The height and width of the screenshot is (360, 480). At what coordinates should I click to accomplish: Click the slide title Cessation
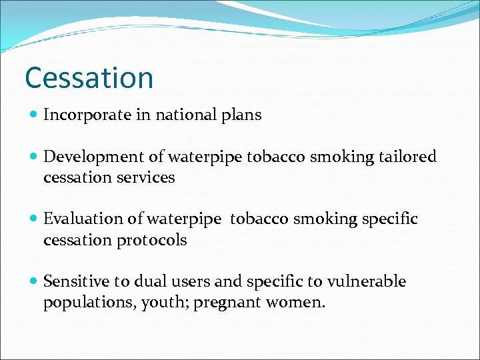click(89, 77)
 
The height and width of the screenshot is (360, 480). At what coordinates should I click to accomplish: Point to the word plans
click(242, 115)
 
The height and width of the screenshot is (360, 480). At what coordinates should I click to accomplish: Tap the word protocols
click(153, 240)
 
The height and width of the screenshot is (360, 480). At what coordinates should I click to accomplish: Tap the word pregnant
click(225, 303)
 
